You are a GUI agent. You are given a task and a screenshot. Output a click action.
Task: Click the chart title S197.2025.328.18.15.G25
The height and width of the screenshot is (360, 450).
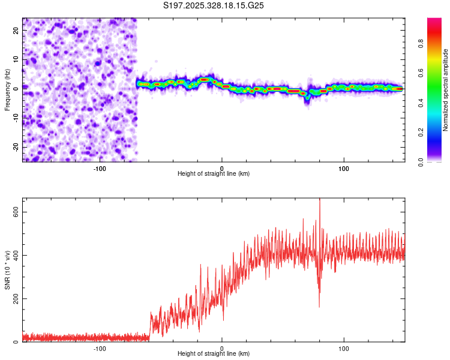coord(214,5)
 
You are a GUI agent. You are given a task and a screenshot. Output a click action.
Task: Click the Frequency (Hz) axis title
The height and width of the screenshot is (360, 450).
coord(7,89)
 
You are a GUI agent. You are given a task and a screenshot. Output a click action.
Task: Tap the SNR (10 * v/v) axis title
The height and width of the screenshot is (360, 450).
coord(7,269)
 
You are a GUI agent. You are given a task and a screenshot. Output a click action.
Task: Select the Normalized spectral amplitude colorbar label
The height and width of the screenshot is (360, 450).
coord(445,90)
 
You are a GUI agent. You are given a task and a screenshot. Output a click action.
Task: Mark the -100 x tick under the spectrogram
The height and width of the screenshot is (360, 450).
coord(100,168)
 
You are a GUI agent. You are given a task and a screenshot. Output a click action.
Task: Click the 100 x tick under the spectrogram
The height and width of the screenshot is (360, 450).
coord(344,168)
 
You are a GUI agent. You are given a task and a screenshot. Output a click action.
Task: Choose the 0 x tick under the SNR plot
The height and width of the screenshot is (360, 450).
coord(222,348)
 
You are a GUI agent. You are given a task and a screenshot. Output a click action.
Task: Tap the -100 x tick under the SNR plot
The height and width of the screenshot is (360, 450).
coord(100,348)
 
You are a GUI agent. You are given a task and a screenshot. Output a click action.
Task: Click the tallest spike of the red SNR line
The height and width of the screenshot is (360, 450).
coord(319,200)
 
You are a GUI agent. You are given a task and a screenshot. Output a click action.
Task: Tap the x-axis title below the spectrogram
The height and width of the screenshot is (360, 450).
coord(214,174)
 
